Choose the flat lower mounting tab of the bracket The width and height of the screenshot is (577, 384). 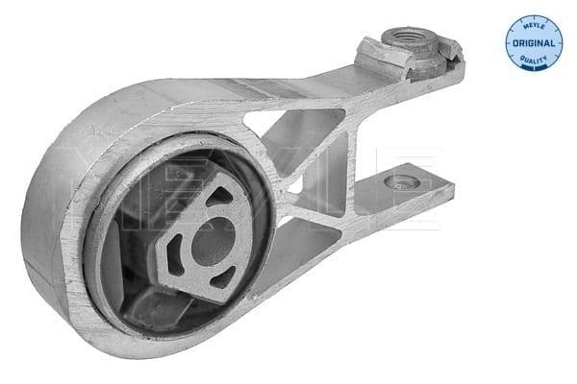click(x=404, y=187)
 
